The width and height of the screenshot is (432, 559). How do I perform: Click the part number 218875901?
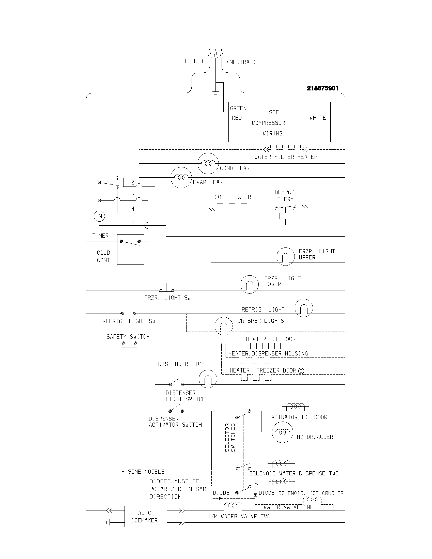tap(322, 88)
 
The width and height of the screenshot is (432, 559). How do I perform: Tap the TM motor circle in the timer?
tap(99, 216)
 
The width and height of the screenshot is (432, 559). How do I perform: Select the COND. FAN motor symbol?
tap(208, 164)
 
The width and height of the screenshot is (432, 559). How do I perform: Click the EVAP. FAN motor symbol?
tap(181, 178)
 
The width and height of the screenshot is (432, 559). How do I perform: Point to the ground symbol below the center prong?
tap(216, 94)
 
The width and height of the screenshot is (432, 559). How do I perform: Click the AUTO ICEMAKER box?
tap(146, 516)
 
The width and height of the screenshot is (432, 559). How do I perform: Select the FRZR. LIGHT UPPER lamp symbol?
tap(285, 256)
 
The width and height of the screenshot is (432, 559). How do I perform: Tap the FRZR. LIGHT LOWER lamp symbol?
tap(250, 284)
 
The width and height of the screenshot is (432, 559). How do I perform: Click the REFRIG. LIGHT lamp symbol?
tap(304, 308)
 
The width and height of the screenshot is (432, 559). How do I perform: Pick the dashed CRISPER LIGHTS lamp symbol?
tap(224, 326)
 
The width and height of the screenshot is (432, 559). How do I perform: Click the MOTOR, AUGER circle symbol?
tap(282, 432)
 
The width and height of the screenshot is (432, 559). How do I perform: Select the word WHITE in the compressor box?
tap(318, 118)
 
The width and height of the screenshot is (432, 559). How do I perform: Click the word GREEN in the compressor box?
tap(238, 108)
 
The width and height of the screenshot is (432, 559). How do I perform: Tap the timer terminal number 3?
tap(133, 221)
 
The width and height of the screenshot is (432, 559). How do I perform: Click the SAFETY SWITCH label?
tap(128, 337)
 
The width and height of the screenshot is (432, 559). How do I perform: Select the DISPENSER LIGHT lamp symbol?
tap(208, 379)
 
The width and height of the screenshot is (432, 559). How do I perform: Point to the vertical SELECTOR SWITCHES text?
tap(230, 438)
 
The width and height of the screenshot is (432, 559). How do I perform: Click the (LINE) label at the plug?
tap(194, 61)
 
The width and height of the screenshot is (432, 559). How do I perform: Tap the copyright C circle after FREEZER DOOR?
tap(301, 371)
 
